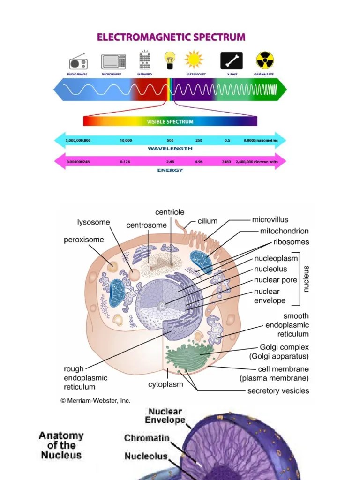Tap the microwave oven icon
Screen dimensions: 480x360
[x=113, y=61]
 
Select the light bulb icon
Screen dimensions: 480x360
[x=169, y=60]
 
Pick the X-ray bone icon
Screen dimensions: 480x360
[x=232, y=61]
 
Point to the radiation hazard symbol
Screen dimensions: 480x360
[x=265, y=60]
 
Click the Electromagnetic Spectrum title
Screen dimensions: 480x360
[x=171, y=37]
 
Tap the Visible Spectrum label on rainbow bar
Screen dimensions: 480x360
[x=170, y=121]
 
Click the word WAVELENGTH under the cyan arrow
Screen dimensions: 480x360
[x=170, y=148]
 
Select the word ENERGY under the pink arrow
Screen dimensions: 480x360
[x=170, y=170]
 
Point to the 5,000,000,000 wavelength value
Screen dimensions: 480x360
[x=78, y=140]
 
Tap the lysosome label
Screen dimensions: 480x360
[x=94, y=222]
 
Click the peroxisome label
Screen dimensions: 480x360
[x=84, y=240]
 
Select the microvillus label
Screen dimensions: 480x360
[x=270, y=219]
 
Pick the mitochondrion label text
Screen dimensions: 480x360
[x=285, y=231]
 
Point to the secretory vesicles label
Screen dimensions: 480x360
[x=278, y=390]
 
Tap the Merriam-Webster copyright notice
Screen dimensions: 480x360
[x=95, y=401]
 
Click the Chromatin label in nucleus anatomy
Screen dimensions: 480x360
[x=147, y=438]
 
